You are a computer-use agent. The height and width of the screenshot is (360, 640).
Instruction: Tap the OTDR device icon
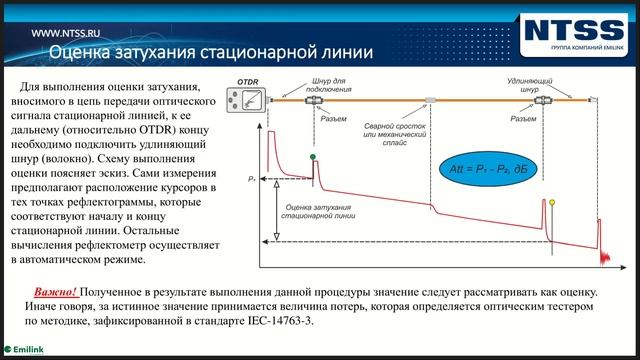click(x=248, y=99)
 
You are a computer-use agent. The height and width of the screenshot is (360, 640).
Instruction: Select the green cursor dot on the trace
click(x=313, y=157)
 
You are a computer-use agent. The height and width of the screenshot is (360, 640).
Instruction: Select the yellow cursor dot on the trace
click(x=553, y=202)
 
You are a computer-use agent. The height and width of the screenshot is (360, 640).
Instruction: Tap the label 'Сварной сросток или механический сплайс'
click(x=398, y=132)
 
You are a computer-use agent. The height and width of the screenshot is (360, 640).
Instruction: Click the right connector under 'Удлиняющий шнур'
click(x=549, y=100)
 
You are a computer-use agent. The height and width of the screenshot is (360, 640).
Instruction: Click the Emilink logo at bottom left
click(x=27, y=351)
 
